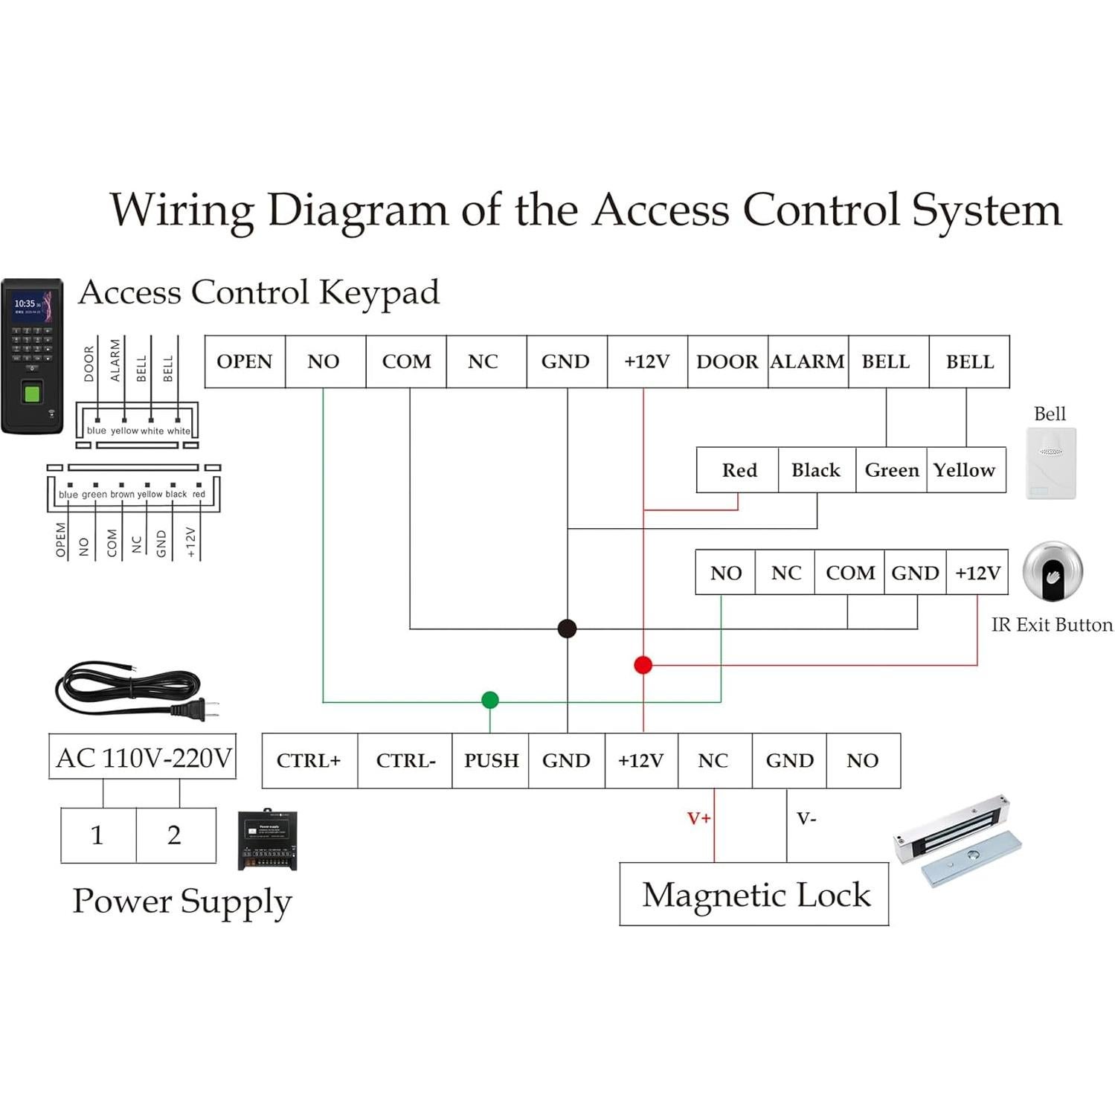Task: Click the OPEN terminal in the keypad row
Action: (x=245, y=362)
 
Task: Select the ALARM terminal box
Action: (x=807, y=362)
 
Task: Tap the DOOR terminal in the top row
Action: (x=727, y=362)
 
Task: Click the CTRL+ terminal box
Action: (x=309, y=760)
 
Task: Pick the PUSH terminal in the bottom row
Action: (x=491, y=760)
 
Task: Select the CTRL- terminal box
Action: (x=405, y=760)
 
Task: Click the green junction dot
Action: (x=489, y=700)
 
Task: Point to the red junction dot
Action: (x=643, y=665)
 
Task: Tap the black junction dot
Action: (x=567, y=629)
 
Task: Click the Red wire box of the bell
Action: (x=739, y=470)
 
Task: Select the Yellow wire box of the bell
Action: (x=965, y=470)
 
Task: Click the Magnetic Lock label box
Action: (x=754, y=894)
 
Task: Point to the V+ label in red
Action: (x=698, y=819)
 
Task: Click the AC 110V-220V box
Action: (x=143, y=757)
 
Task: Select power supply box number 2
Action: (x=176, y=835)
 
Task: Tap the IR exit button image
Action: (x=1052, y=572)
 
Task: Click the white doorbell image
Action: (x=1050, y=463)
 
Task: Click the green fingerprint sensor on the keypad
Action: (x=32, y=391)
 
